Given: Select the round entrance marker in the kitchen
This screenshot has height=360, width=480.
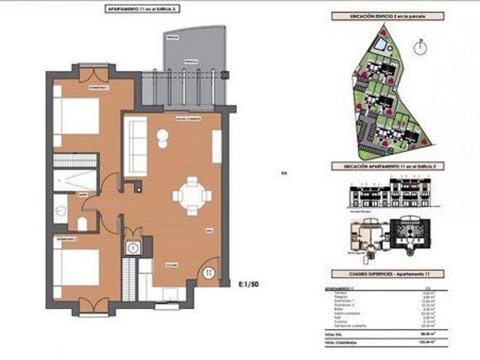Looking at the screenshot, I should click(x=208, y=271).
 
